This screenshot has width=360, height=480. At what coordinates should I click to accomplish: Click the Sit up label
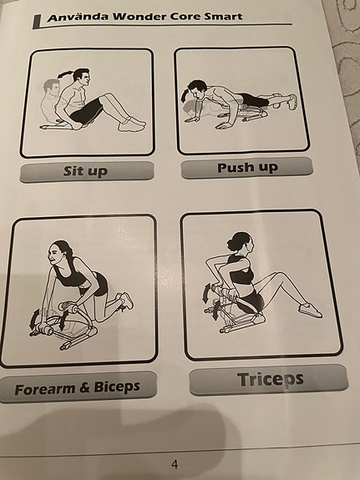click(x=85, y=171)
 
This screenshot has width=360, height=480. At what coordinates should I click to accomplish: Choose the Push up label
click(x=247, y=168)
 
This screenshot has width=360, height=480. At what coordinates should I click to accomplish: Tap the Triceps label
click(x=271, y=380)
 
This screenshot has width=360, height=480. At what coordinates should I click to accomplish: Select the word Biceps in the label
click(x=117, y=387)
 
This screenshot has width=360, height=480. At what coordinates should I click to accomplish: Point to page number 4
click(x=175, y=464)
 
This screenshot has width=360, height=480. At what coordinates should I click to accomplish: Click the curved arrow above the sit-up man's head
click(x=65, y=73)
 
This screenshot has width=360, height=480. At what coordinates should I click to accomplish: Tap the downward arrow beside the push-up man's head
click(x=184, y=94)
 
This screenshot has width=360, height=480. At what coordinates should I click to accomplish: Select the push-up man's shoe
click(x=292, y=102)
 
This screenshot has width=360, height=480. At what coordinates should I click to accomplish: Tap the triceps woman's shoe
click(x=311, y=310)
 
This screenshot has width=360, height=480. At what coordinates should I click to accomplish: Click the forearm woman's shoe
click(x=127, y=300)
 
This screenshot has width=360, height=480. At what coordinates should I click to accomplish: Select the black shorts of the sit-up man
click(x=87, y=111)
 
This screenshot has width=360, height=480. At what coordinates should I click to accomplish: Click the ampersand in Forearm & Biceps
click(x=84, y=388)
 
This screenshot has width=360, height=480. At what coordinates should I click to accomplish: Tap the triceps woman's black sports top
click(x=241, y=272)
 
